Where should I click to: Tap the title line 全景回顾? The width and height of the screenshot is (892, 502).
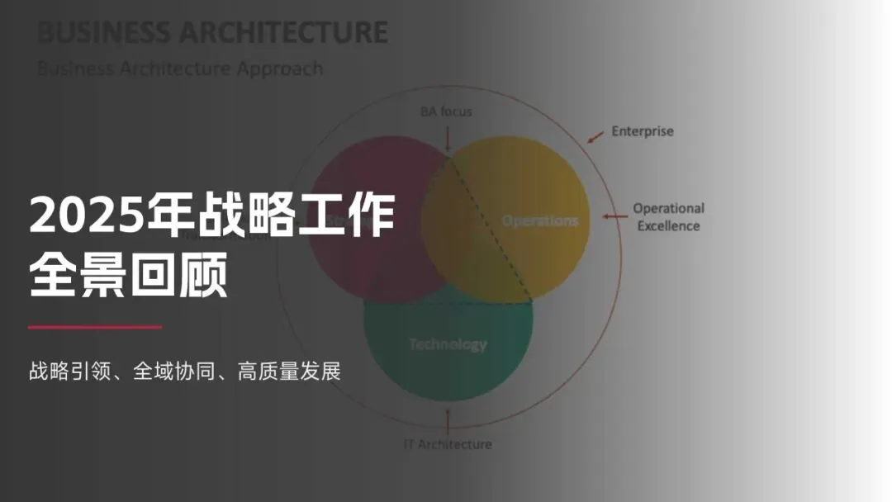tap(128, 277)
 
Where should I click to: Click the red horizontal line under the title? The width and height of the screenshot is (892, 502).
tap(95, 327)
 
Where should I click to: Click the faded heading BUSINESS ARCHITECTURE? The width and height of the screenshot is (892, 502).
tap(212, 32)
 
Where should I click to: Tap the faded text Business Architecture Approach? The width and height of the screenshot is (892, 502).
tap(180, 68)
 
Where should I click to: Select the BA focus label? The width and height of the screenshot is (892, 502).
tap(446, 111)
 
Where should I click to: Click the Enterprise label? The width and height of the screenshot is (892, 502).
tap(643, 130)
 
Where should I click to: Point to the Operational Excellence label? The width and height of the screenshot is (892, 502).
tap(668, 217)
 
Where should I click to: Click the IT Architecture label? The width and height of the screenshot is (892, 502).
tap(448, 444)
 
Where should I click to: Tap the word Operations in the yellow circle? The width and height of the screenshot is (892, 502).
tap(540, 220)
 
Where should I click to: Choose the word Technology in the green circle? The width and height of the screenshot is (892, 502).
tap(448, 344)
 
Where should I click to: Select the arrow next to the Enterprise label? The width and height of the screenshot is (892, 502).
tap(595, 136)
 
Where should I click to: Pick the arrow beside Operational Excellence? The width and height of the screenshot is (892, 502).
tap(614, 217)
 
